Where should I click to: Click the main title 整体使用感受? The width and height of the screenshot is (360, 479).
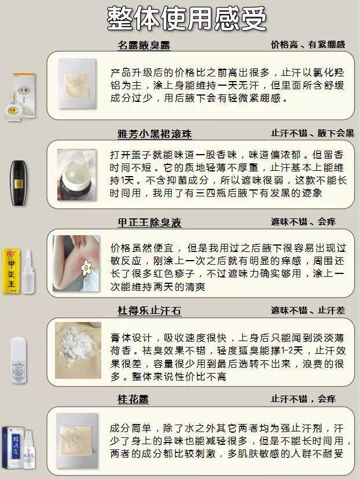pos(186,19)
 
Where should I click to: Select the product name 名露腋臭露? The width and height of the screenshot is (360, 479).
pos(144,45)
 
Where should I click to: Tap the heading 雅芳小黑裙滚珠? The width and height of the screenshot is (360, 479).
pos(155,134)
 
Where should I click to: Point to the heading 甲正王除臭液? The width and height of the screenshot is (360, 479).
pos(149,222)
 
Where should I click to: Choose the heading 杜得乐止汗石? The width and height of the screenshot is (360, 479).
pos(149,311)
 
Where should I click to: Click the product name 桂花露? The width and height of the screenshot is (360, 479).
pos(133,399)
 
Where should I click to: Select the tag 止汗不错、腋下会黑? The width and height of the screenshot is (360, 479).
pos(312,133)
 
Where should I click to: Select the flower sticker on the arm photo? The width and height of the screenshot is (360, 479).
pos(88,267)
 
